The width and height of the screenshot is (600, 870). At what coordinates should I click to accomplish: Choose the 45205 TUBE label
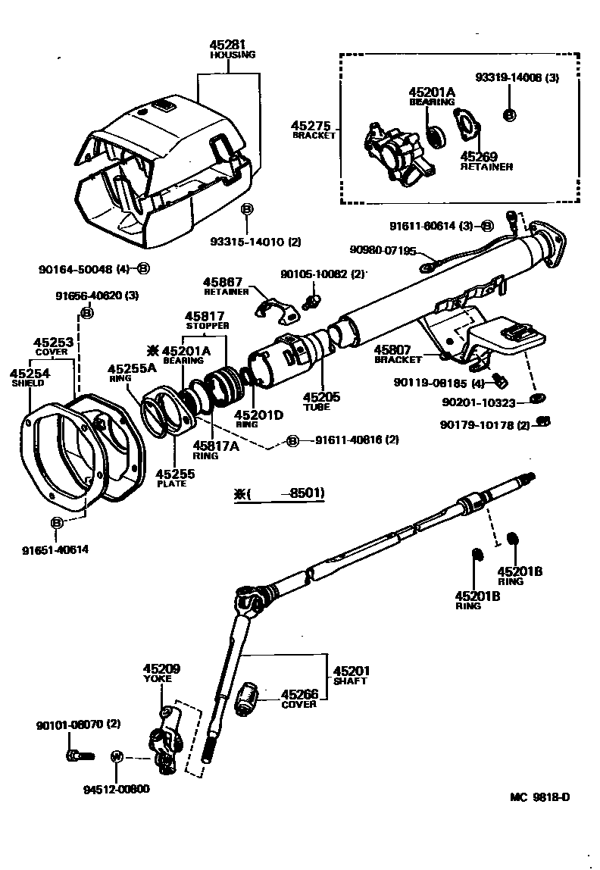click(322, 400)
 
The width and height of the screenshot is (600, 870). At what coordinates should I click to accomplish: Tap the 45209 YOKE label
click(162, 673)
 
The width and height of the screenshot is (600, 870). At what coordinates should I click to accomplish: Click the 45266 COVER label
click(299, 698)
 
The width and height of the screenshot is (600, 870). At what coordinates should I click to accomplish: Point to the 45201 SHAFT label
click(351, 675)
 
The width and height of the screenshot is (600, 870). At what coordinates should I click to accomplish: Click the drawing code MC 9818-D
click(539, 798)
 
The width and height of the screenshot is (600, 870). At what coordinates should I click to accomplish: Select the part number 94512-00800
click(117, 789)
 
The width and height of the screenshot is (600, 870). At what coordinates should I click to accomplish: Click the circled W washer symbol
click(117, 756)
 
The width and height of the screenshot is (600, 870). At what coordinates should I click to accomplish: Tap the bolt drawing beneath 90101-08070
click(78, 755)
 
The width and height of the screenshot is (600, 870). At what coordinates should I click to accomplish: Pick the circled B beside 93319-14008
click(510, 114)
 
